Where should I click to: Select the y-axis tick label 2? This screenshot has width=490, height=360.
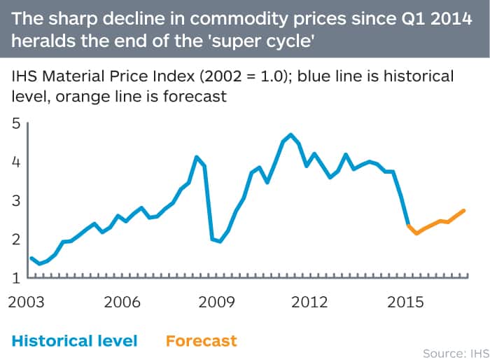click(15, 240)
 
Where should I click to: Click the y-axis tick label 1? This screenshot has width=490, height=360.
click(15, 278)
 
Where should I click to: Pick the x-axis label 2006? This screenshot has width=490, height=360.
click(122, 303)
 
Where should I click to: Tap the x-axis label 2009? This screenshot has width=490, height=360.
click(216, 303)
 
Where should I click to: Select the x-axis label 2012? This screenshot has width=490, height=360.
click(310, 303)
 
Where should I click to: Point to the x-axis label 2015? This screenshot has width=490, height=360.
click(405, 303)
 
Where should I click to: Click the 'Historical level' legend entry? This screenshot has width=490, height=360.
click(74, 341)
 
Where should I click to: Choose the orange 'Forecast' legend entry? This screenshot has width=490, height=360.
click(202, 341)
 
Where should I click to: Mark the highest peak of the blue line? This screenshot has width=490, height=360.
click(290, 134)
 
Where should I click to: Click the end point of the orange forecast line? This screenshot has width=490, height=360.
click(465, 210)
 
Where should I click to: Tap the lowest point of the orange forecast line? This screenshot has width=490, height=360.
click(416, 233)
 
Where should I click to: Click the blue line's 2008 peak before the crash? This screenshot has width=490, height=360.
click(197, 157)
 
